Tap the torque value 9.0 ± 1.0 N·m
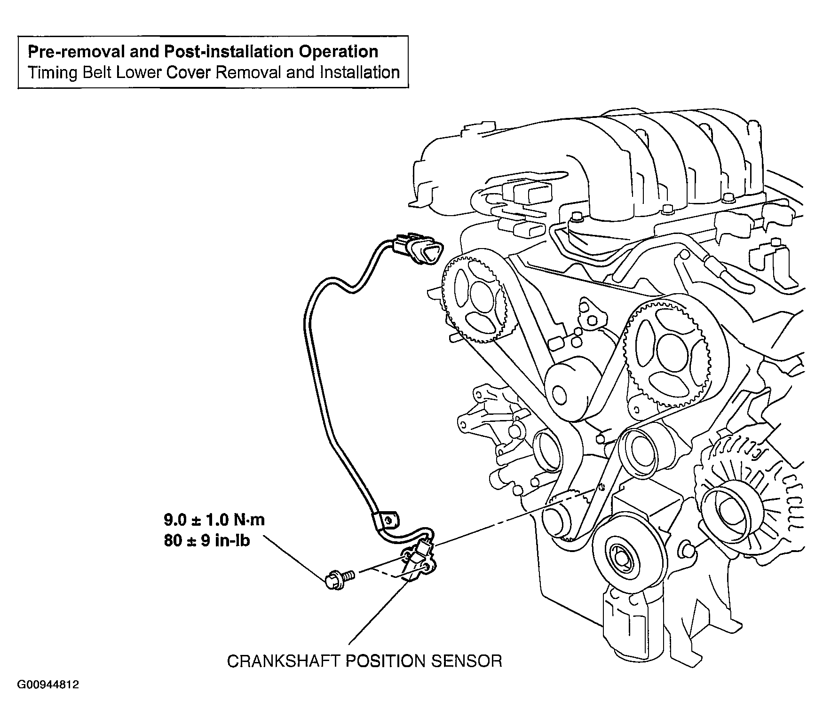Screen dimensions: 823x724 point(214,520)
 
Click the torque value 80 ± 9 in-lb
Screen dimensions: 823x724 point(207,541)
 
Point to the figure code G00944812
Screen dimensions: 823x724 point(48,685)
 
